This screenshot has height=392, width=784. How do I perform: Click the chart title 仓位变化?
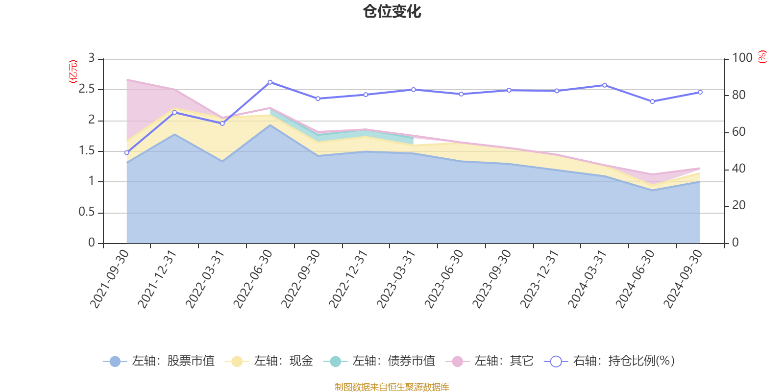click(x=392, y=11)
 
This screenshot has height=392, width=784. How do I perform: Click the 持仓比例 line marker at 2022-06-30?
click(x=270, y=82)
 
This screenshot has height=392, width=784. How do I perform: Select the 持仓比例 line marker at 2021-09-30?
click(x=126, y=153)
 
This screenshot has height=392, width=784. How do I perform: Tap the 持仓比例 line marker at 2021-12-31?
click(x=174, y=113)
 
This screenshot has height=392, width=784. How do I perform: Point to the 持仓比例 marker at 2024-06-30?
click(x=652, y=101)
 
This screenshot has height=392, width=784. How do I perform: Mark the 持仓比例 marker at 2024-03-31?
click(x=605, y=85)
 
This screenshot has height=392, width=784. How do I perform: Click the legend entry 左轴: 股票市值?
click(x=159, y=361)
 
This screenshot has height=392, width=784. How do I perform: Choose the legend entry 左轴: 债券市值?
click(x=379, y=361)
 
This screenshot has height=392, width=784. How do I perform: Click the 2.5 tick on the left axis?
click(x=87, y=89)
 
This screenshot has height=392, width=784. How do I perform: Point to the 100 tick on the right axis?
click(x=742, y=58)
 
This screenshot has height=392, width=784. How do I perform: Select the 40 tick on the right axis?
click(x=738, y=169)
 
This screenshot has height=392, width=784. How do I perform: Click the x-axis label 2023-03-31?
click(x=396, y=278)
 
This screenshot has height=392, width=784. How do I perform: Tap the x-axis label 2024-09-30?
click(x=683, y=278)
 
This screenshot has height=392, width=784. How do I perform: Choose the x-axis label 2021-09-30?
click(x=110, y=278)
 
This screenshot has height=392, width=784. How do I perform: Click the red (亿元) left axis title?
click(x=73, y=72)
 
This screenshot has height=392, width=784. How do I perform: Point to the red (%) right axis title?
click(x=762, y=57)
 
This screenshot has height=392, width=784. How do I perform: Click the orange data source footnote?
click(x=392, y=387)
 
